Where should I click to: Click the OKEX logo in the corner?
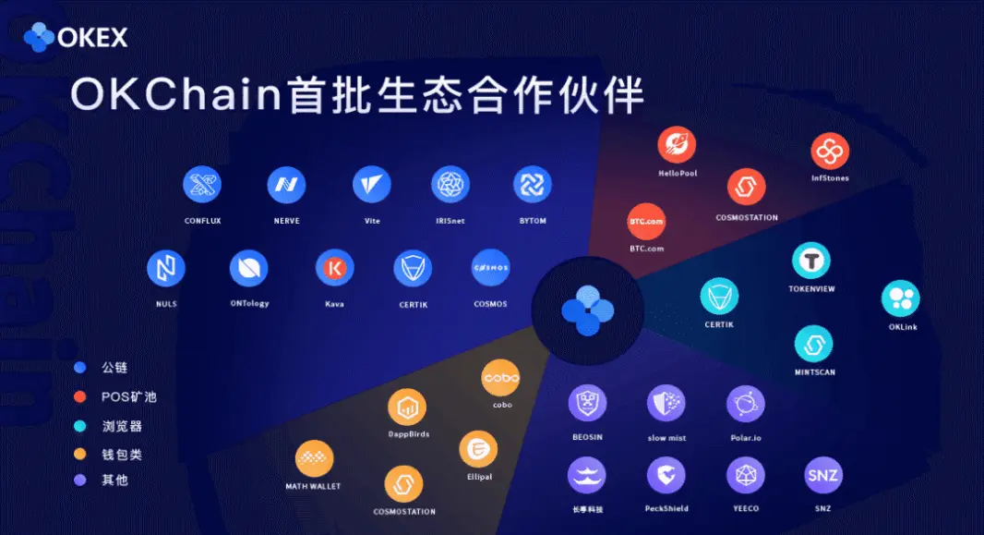(76, 38)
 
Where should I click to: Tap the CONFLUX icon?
(202, 185)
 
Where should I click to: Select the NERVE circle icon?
(286, 185)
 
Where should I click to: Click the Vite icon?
(371, 185)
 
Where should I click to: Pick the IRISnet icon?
(450, 185)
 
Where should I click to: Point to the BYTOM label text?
(533, 221)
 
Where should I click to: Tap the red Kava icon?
(334, 268)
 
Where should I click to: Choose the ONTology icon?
(249, 268)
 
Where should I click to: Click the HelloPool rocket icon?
(677, 144)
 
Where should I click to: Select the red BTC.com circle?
(646, 222)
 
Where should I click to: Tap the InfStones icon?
(830, 151)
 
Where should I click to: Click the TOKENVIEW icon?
(811, 260)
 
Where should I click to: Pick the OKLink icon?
(901, 298)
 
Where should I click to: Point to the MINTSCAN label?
(814, 372)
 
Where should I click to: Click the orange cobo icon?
(500, 378)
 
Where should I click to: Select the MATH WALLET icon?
(314, 458)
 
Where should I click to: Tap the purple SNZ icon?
(822, 475)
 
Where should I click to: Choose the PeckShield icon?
(666, 475)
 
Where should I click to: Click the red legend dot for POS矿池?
(79, 396)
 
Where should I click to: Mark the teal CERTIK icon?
(719, 297)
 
